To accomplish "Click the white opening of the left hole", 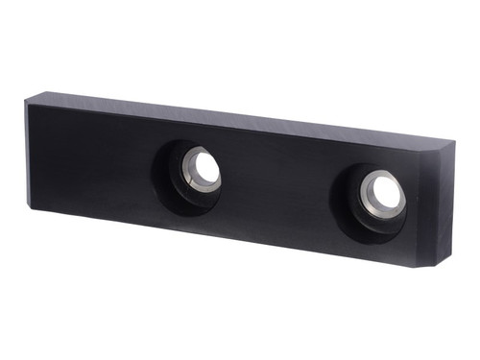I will [204, 169].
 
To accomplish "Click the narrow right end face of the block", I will [444, 206].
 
